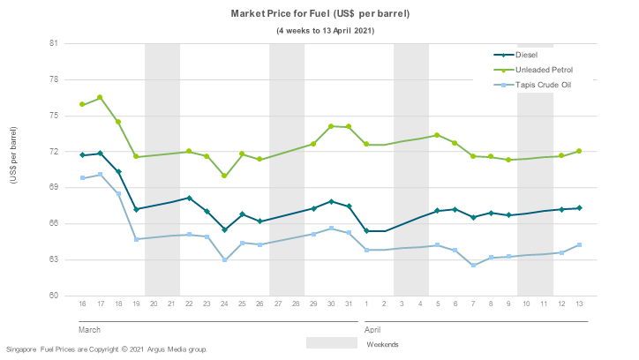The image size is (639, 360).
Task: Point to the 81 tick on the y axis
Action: pos(53,43)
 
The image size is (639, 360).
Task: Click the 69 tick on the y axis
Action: pos(53,187)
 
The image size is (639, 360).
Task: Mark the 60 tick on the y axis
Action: pos(53,296)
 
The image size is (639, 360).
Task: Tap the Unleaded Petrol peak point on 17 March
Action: pos(101,97)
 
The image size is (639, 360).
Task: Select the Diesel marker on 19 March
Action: pos(136,209)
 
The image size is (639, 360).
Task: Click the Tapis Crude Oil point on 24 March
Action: pos(225,260)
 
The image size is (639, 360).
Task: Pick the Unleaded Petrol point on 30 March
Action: pos(331,126)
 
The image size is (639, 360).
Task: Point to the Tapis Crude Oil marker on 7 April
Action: pos(473,266)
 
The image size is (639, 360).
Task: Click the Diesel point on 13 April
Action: pos(579,208)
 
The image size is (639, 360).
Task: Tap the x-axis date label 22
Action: pos(190,304)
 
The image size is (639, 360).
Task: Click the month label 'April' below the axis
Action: pos(373,328)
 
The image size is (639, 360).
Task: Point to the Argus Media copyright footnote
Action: pos(107,349)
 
